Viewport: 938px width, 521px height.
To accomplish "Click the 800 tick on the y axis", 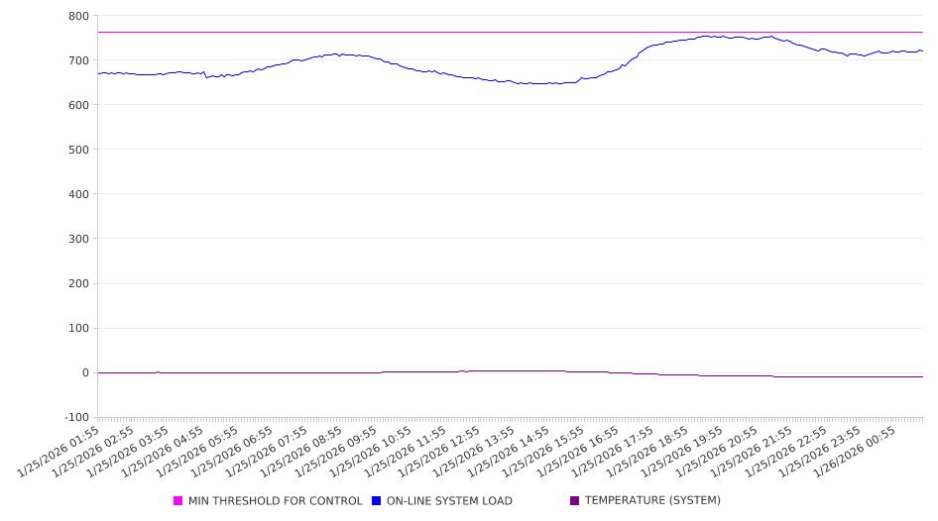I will [78, 16].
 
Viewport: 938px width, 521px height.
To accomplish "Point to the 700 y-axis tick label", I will [78, 60].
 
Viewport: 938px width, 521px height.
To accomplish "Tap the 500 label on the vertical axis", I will [78, 150].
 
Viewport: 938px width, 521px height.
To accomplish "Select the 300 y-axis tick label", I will [78, 239].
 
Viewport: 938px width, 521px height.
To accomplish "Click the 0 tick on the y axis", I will [85, 372].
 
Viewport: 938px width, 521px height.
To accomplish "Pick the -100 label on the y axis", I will [75, 417].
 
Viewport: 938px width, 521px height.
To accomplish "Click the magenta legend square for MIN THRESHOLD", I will [178, 501].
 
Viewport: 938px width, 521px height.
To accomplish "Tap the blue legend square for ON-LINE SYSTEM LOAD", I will [377, 501].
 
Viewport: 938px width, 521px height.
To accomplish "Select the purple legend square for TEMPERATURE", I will [575, 501].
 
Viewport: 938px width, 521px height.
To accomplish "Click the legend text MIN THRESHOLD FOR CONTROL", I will [275, 501].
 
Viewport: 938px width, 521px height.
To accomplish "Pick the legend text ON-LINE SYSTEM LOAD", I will [449, 501].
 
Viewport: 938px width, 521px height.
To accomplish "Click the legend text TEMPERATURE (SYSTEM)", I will [652, 501].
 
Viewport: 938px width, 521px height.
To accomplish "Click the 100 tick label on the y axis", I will [78, 328].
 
